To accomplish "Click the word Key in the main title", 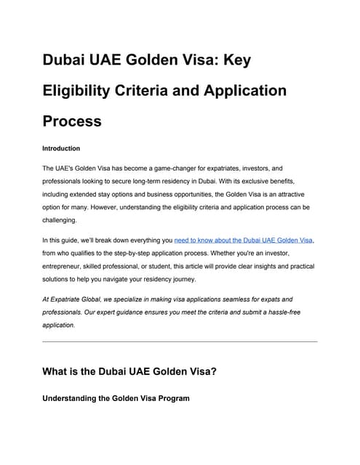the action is (x=233, y=60).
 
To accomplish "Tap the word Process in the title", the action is (x=72, y=121).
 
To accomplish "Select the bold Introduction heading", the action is (x=61, y=148).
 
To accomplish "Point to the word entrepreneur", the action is (x=66, y=266).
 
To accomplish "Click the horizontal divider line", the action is (x=180, y=341).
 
